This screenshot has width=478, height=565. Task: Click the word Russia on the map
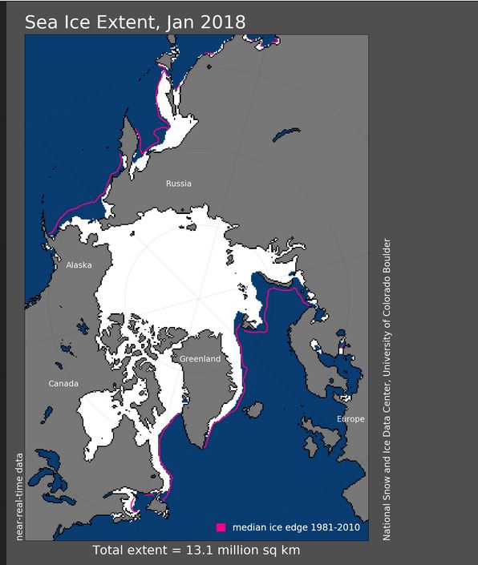point(178,184)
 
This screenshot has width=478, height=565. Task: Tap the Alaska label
point(79,264)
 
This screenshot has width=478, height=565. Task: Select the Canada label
point(63,383)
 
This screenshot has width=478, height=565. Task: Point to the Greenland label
point(200,359)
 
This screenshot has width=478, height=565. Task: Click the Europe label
point(350,419)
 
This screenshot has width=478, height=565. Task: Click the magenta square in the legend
point(221,527)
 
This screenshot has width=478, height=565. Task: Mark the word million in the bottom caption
point(231,551)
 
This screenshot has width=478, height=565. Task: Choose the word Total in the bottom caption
point(110,551)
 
